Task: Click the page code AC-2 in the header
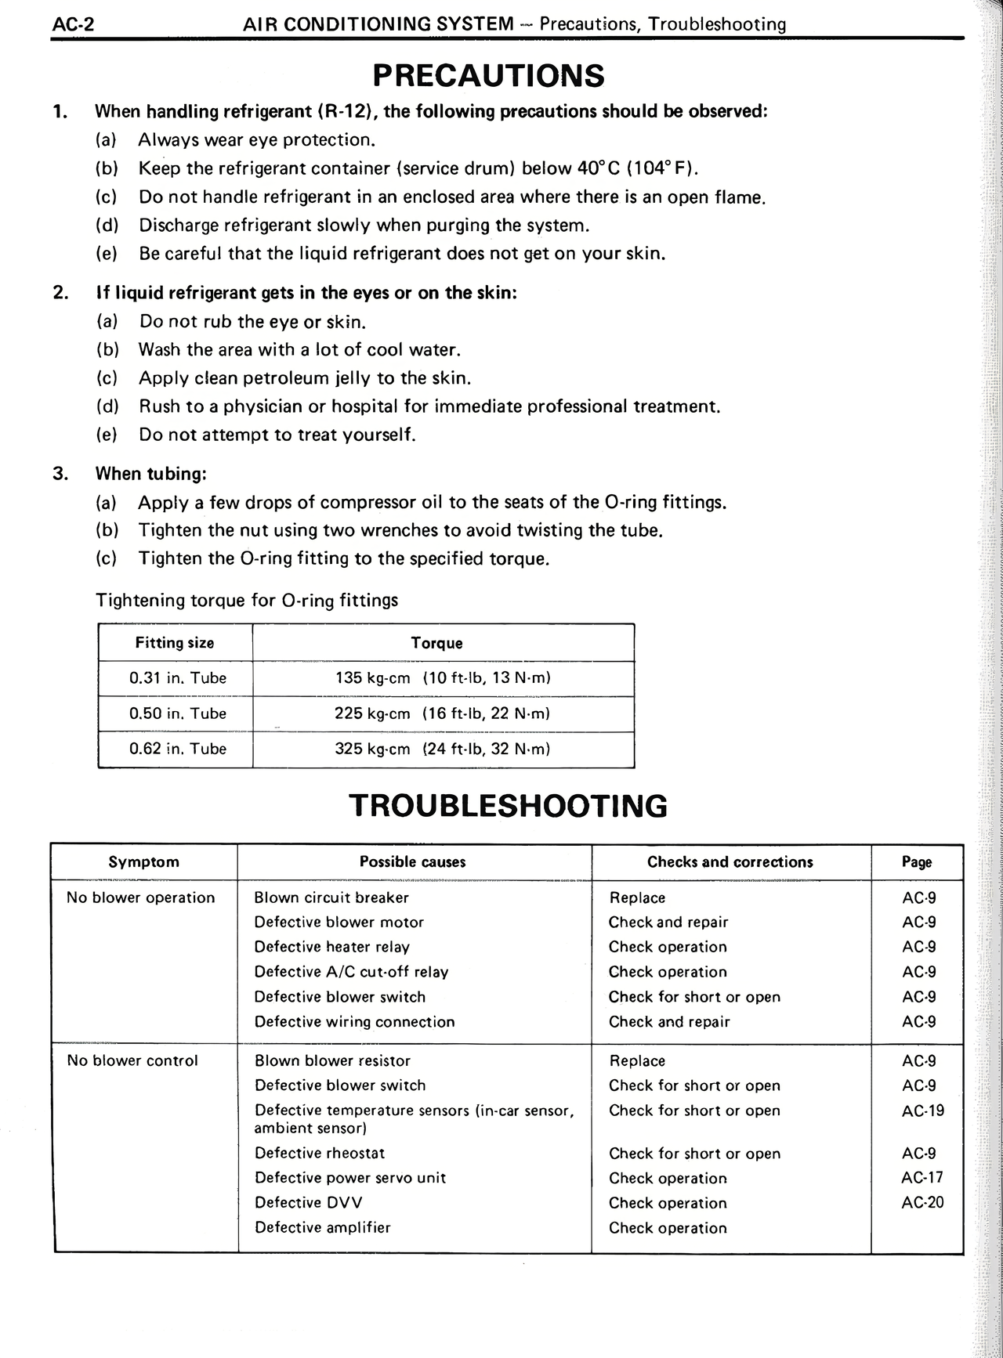click(x=73, y=24)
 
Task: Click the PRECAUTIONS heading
click(x=488, y=76)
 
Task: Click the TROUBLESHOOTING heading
click(x=508, y=805)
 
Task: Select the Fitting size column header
click(x=174, y=643)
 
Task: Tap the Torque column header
click(x=436, y=643)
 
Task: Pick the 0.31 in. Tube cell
click(x=177, y=678)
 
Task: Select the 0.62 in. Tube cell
click(x=177, y=749)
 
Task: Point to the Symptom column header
click(x=143, y=862)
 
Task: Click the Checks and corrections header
click(x=730, y=862)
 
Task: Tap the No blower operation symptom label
click(x=140, y=898)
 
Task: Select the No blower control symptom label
click(x=132, y=1061)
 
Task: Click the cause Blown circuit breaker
click(x=331, y=898)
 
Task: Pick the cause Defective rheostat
click(x=320, y=1153)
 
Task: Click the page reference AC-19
click(x=922, y=1111)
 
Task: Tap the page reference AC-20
click(x=922, y=1202)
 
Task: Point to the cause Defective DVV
click(x=308, y=1202)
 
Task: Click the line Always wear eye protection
click(x=257, y=140)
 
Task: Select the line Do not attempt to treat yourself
click(x=277, y=435)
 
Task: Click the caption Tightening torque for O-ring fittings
click(x=246, y=601)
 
